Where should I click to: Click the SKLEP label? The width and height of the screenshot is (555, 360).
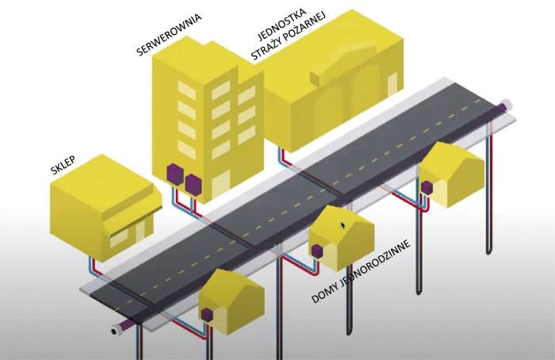[63, 165]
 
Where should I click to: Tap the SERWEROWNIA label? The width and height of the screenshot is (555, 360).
[169, 35]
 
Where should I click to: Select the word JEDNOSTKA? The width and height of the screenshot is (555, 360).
[281, 24]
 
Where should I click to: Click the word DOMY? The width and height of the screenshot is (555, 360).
[325, 293]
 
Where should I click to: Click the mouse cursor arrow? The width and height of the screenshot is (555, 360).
[343, 225]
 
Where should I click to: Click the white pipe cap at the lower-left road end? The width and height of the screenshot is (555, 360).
[116, 330]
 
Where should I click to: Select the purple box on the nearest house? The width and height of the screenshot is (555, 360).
[207, 314]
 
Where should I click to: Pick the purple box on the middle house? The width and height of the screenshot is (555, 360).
[317, 251]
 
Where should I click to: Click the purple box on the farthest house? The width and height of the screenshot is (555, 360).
[427, 187]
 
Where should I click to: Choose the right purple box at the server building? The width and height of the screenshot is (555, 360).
[193, 184]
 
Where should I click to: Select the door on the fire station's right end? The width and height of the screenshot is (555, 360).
[392, 84]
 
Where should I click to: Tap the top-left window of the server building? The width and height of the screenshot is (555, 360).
[186, 90]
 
